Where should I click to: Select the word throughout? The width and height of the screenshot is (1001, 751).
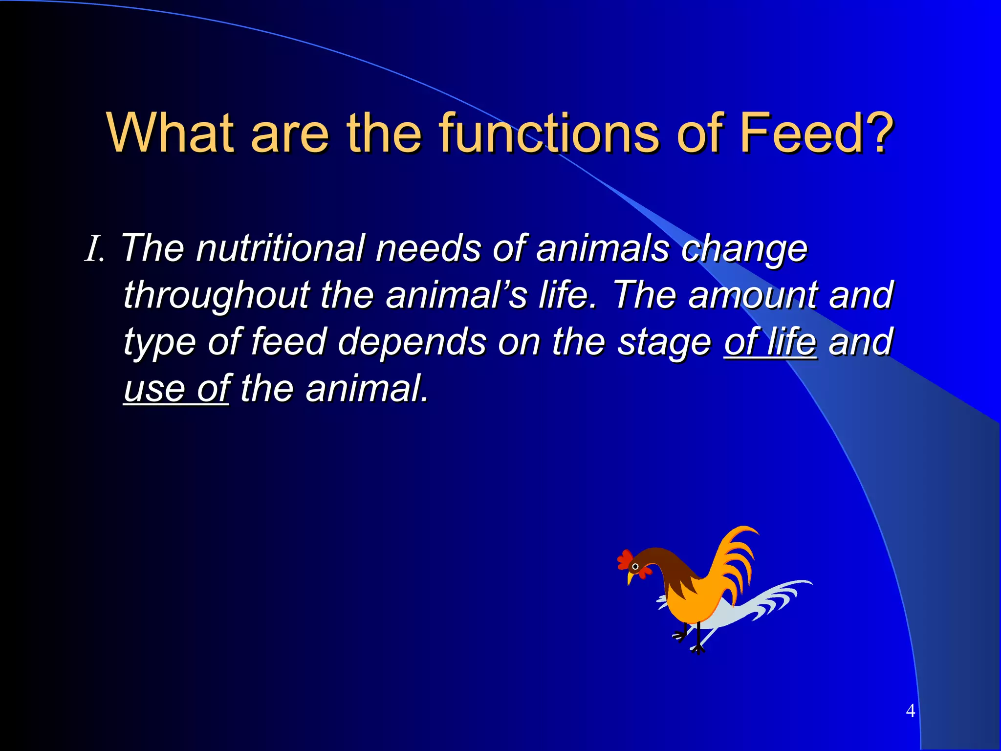pos(217,296)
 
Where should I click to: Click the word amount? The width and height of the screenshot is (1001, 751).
pos(753,296)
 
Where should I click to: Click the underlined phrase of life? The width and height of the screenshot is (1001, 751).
pos(770,342)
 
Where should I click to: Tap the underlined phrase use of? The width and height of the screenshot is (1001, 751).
pos(176,389)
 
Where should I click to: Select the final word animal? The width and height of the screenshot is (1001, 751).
pos(367,389)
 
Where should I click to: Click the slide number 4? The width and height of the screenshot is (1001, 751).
pos(910,710)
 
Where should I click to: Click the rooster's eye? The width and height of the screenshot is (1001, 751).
pos(635,567)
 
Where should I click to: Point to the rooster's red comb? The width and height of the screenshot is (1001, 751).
pos(624,559)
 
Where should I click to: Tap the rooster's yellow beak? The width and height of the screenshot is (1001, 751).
pos(631,579)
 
